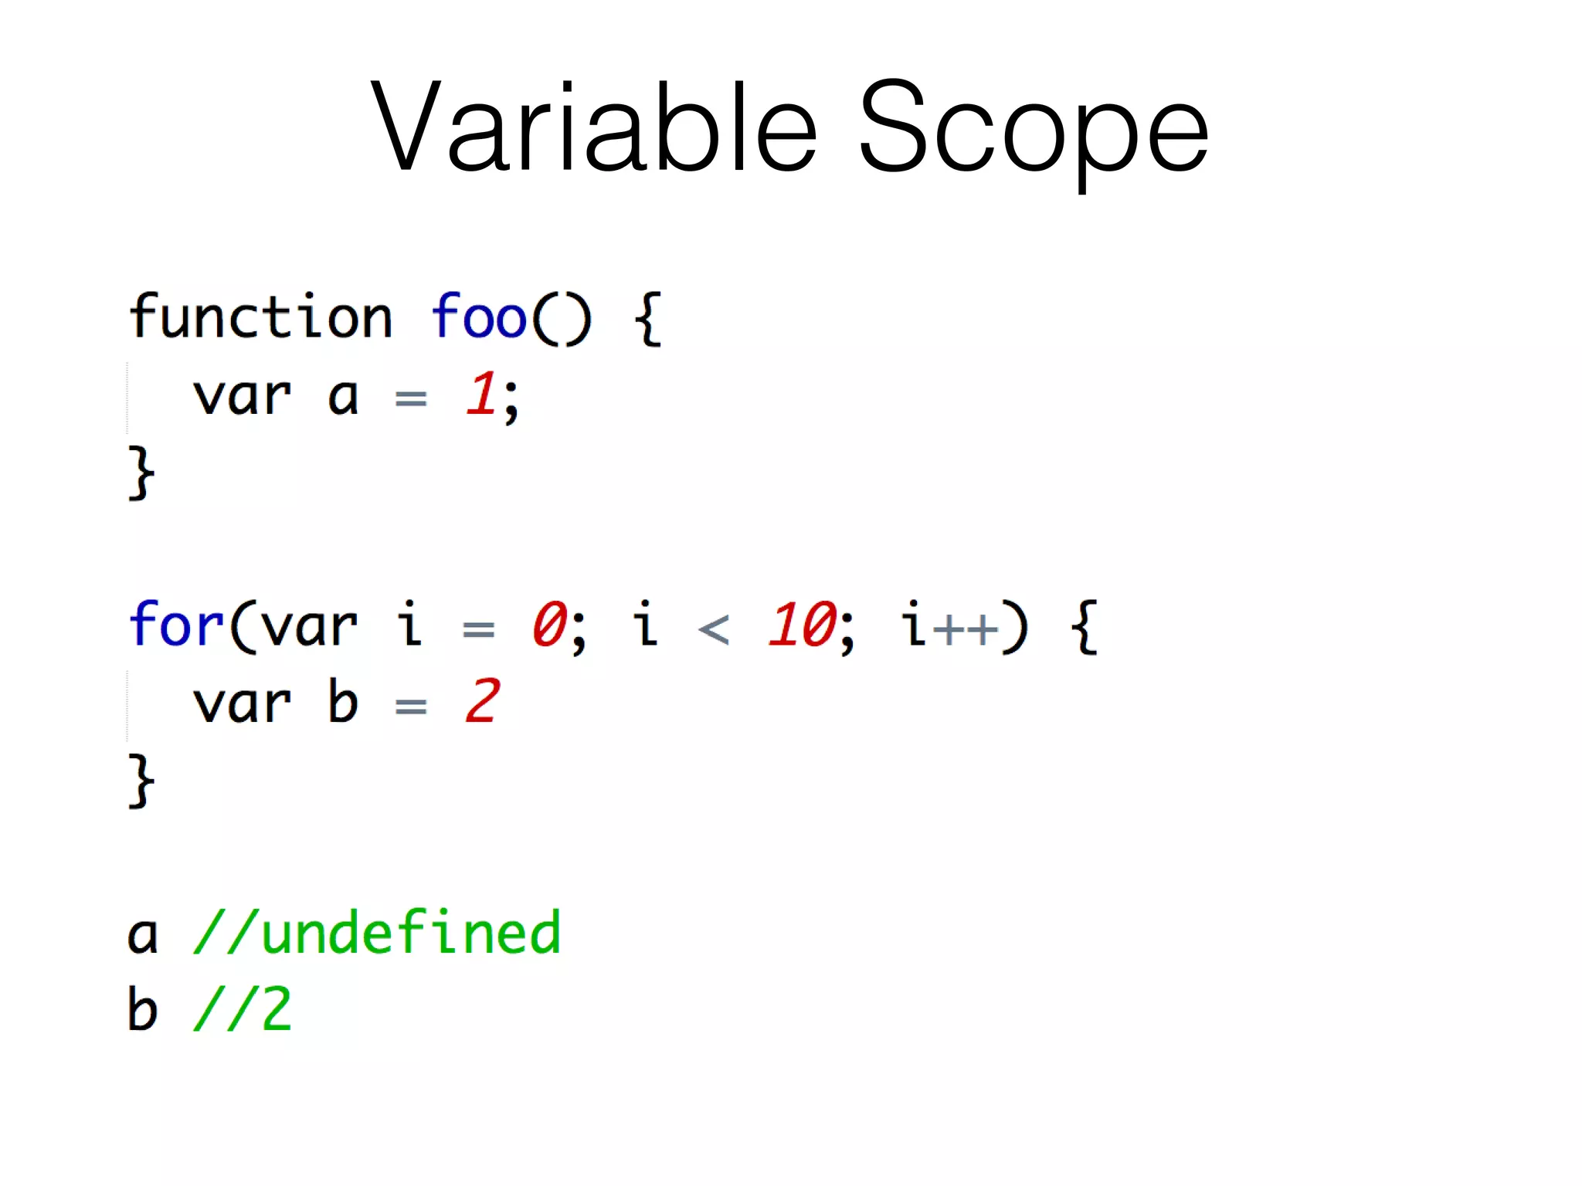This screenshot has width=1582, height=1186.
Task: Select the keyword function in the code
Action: pos(261,317)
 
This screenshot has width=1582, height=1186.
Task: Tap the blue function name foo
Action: pos(478,317)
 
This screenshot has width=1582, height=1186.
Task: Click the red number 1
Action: pos(480,395)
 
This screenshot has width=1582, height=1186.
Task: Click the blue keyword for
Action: pos(176,625)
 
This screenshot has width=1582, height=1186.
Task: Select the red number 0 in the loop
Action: pos(549,625)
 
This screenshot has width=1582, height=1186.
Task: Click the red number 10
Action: pos(802,625)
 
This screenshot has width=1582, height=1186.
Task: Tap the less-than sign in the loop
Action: pos(713,629)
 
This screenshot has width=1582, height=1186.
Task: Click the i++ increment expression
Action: pos(950,625)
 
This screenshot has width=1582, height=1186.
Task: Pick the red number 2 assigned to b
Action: pos(482,702)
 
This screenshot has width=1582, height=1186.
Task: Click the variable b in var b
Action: pos(343,702)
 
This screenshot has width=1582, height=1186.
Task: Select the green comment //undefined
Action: pos(377,934)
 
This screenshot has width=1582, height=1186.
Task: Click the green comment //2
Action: pos(243,1009)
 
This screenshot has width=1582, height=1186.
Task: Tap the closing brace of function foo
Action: pos(141,473)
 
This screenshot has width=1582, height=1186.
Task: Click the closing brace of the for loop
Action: pos(141,781)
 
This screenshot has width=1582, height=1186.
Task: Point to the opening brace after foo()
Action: pos(647,318)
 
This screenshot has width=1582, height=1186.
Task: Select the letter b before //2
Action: pos(142,1009)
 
